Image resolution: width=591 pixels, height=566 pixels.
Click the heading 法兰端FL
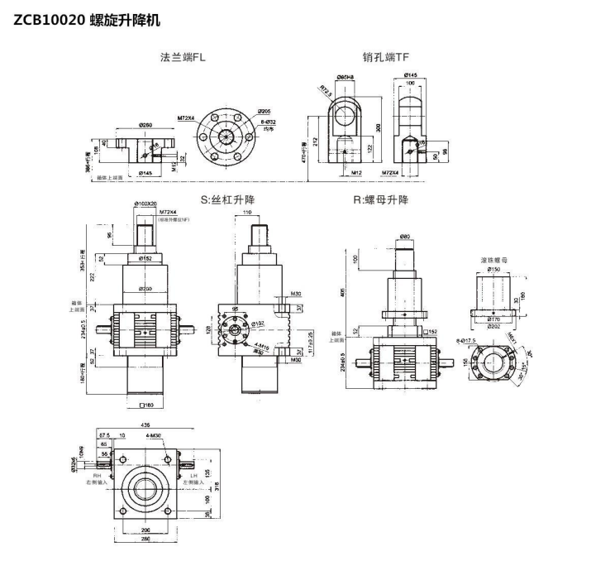[183, 58]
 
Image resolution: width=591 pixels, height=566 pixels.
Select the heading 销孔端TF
[385, 58]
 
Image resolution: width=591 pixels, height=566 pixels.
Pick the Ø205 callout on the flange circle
[265, 110]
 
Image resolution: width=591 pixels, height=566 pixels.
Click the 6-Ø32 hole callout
[265, 122]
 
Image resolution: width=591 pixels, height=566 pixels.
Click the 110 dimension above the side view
[248, 213]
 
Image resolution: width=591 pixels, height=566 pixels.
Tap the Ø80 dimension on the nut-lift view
[405, 237]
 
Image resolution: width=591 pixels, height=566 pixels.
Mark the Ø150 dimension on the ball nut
[493, 270]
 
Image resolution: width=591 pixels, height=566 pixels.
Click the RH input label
[98, 475]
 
